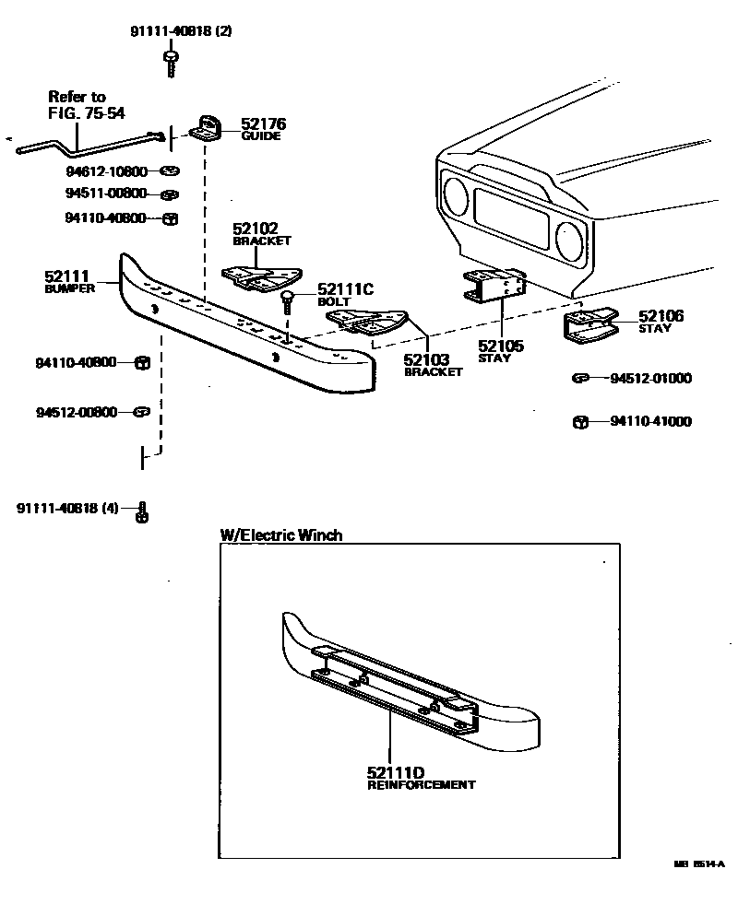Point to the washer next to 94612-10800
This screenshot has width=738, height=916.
pyautogui.click(x=169, y=171)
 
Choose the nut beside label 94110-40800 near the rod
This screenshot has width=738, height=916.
pyautogui.click(x=169, y=218)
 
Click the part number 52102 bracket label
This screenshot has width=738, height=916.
pyautogui.click(x=256, y=229)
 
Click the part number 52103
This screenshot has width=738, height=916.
pyautogui.click(x=427, y=358)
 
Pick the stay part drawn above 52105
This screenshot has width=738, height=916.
pyautogui.click(x=494, y=286)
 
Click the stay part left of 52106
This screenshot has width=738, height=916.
pyautogui.click(x=589, y=326)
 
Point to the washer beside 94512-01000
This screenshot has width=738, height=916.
pyautogui.click(x=580, y=378)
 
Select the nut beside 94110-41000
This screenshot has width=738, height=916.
pyautogui.click(x=580, y=422)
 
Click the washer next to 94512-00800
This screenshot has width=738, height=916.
pyautogui.click(x=141, y=412)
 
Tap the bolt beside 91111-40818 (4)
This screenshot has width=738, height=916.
pyautogui.click(x=142, y=511)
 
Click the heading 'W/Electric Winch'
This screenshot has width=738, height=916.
pyautogui.click(x=280, y=535)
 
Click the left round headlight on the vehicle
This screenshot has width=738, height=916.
pyautogui.click(x=456, y=197)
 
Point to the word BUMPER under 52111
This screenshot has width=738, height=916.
pyautogui.click(x=70, y=288)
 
